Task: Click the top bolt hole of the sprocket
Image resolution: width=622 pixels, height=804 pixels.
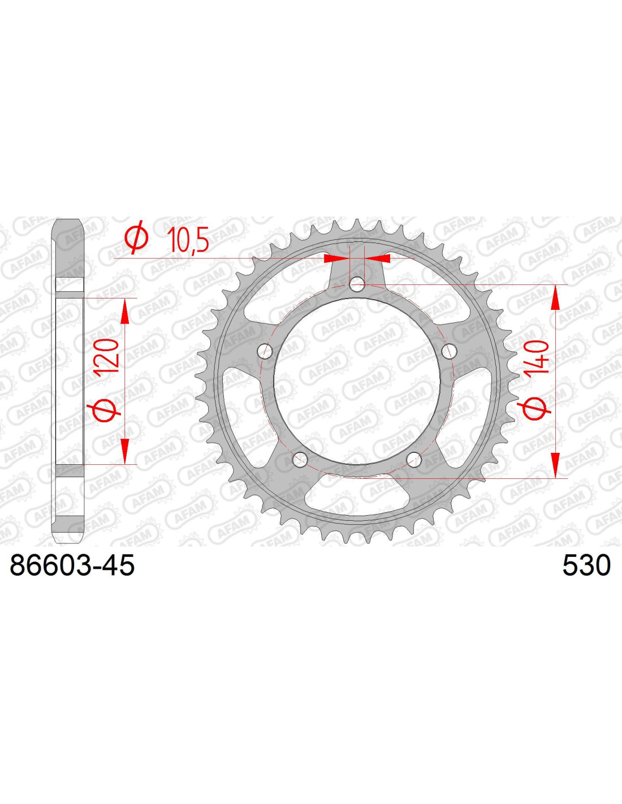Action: pyautogui.click(x=357, y=285)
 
